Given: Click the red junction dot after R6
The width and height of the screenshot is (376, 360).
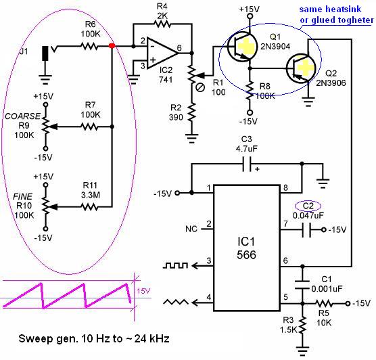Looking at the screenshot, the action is [x=112, y=45].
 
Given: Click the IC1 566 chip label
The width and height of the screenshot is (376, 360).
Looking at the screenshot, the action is [x=246, y=248].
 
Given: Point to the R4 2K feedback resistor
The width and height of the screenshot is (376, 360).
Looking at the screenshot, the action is [x=162, y=24].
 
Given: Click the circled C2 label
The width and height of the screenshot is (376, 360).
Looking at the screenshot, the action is [x=308, y=206].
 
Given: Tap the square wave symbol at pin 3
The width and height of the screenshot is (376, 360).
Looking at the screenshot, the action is [x=175, y=265].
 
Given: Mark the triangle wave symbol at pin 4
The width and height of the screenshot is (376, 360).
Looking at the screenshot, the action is [x=176, y=302].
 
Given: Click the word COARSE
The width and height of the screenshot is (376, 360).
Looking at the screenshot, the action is [x=22, y=116].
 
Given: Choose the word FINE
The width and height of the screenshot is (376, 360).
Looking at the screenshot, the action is [x=22, y=196].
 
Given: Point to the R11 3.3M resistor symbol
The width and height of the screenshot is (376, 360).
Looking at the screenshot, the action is [x=89, y=206].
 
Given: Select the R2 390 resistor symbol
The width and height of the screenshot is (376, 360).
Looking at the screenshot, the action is [x=191, y=112].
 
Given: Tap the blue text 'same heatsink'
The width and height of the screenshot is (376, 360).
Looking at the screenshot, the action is [x=330, y=9].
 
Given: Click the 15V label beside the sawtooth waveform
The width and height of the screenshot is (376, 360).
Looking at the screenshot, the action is [x=143, y=291].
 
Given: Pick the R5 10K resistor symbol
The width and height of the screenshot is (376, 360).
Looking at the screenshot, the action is [x=324, y=304].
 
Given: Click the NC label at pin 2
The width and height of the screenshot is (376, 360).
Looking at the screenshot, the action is [x=191, y=229].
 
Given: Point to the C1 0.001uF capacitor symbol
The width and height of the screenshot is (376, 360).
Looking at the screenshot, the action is [x=302, y=284].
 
